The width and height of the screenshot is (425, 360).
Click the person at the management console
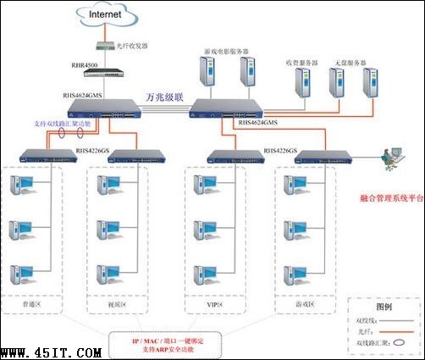click(388, 158)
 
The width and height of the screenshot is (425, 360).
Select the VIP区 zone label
click(215, 302)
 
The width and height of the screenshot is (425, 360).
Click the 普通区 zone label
click(30, 302)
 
